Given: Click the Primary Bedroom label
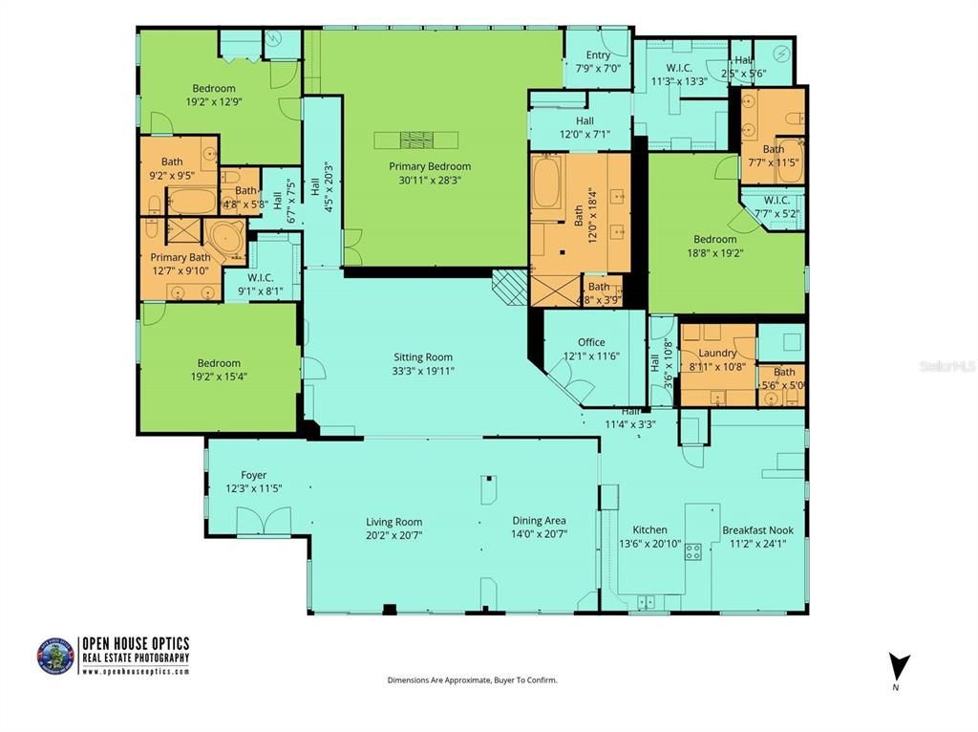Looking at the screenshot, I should [430, 166].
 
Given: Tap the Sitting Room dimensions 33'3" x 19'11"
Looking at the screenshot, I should [422, 371].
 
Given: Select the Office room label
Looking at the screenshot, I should [591, 343].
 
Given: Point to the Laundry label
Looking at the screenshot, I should [717, 353].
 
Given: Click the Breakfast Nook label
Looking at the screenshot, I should [757, 530].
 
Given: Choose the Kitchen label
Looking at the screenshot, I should [649, 530].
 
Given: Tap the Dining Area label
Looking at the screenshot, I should [539, 521].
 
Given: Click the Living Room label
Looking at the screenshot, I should [393, 522].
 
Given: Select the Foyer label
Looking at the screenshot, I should [253, 475].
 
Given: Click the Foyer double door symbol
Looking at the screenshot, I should [264, 521].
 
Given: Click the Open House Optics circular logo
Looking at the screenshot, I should [55, 656].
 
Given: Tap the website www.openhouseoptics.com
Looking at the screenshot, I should [135, 671].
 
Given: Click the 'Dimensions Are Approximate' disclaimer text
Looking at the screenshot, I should [472, 680].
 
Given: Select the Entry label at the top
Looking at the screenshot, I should [598, 55].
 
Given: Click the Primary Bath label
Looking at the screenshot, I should [181, 257].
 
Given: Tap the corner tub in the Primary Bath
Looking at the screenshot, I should [225, 239].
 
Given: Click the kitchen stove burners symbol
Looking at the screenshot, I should [692, 551].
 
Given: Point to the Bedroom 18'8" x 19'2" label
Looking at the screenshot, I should [714, 240].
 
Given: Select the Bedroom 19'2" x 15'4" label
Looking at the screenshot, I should [219, 363].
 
